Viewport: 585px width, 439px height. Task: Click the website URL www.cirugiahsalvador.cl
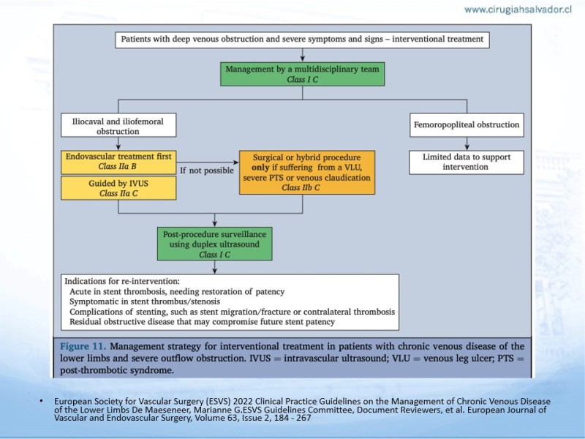click(x=518, y=10)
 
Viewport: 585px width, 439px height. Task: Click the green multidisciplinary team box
click(x=303, y=74)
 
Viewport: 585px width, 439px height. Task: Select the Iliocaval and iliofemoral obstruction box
click(x=118, y=125)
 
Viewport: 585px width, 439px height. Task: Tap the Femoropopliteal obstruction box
click(x=467, y=125)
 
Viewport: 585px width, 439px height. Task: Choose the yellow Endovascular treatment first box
click(x=118, y=162)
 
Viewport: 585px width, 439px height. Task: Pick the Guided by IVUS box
click(x=118, y=188)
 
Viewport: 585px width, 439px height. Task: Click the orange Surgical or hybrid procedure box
click(x=307, y=173)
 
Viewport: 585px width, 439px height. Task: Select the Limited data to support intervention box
click(x=467, y=162)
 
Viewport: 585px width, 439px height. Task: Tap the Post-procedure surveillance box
click(x=214, y=244)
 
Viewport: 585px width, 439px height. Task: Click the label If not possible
click(x=207, y=170)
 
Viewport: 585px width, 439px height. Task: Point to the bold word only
click(x=260, y=168)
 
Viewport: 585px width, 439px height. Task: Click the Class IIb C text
click(x=301, y=188)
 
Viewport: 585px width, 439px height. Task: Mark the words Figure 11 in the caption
click(x=83, y=346)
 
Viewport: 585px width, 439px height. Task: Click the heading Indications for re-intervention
click(x=122, y=281)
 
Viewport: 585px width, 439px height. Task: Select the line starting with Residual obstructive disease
click(x=203, y=322)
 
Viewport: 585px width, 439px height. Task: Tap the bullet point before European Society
click(x=41, y=401)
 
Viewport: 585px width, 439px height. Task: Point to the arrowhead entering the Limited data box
click(x=467, y=148)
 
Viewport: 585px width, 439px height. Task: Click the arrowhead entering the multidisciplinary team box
click(x=303, y=59)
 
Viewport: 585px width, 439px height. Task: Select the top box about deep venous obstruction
click(x=303, y=40)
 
